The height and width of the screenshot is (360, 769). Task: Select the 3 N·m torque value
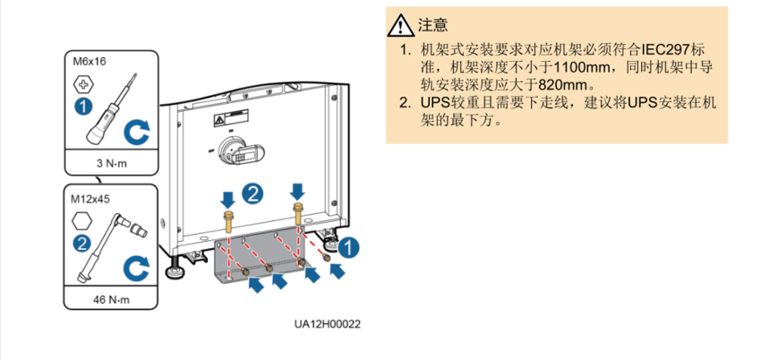click(112, 164)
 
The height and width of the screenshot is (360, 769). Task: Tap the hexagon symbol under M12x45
click(82, 220)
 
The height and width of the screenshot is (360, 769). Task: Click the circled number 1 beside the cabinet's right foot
click(353, 244)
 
